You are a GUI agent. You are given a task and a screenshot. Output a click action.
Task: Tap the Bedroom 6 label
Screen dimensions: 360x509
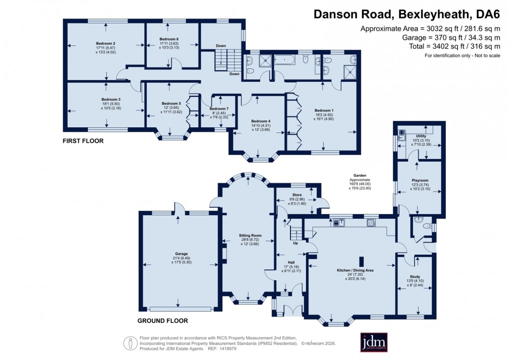[169, 39]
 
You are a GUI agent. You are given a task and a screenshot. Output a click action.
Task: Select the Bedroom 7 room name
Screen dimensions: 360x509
[219, 109]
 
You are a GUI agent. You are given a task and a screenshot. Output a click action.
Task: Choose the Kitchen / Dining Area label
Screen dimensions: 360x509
[355, 270]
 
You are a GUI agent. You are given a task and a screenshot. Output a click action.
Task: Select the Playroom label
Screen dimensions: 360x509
[420, 180]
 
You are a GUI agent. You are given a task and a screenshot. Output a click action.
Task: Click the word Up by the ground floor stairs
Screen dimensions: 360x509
[295, 243]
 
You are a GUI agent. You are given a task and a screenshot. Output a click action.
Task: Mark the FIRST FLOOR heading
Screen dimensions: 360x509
[83, 141]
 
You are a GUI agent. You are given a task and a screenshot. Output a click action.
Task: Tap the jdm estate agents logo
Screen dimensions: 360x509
[374, 343]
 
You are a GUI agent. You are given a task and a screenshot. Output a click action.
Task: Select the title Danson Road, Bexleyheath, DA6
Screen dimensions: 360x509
[406, 14]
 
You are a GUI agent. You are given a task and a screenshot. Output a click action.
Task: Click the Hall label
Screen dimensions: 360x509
[291, 262]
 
